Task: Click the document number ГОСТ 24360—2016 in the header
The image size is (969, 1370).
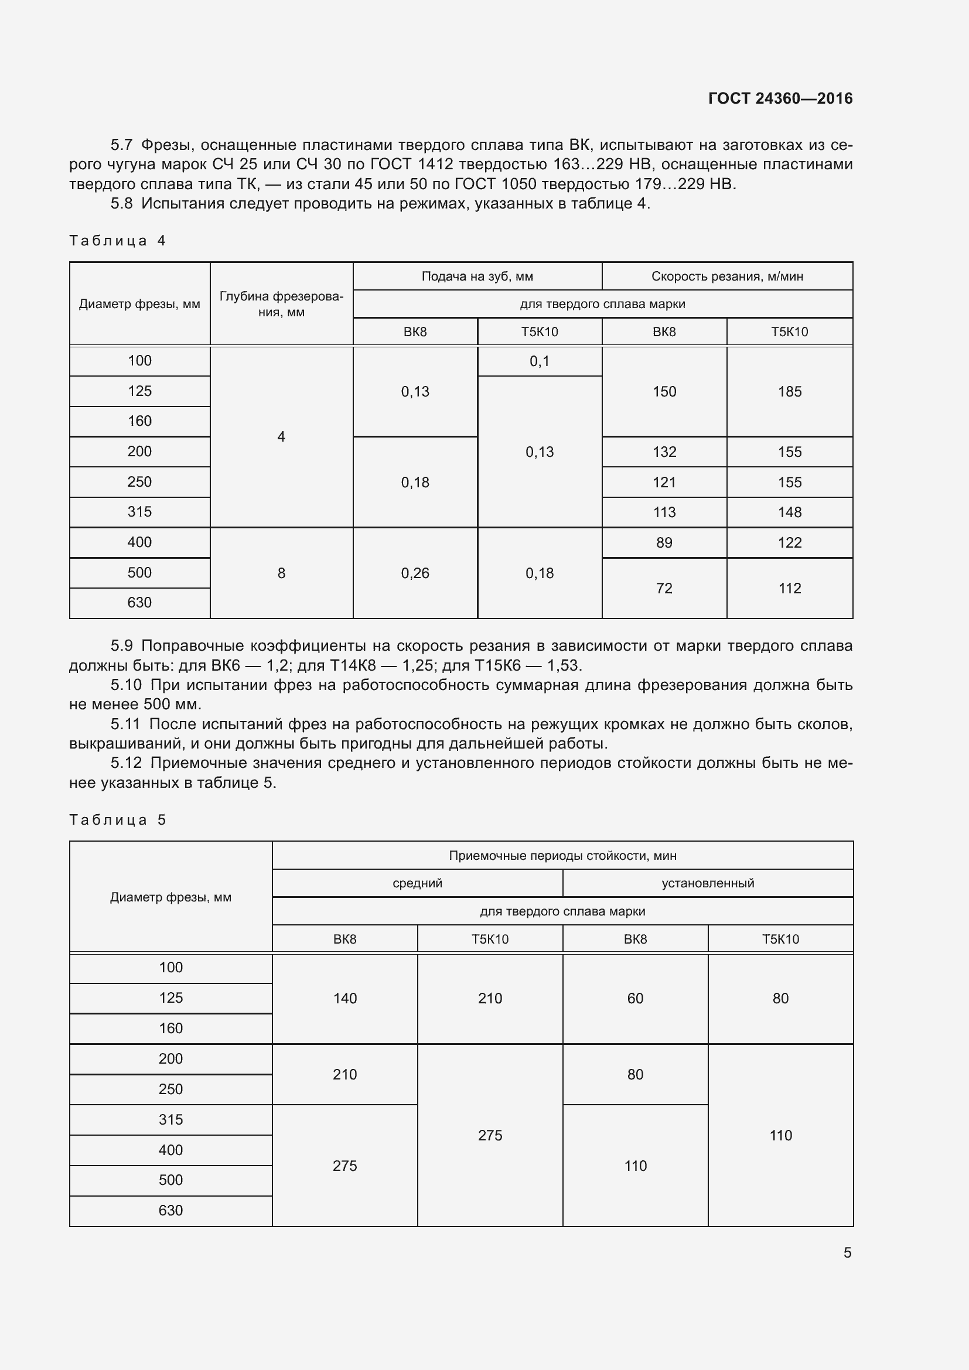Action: coord(780,98)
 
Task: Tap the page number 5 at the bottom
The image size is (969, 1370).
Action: coord(847,1252)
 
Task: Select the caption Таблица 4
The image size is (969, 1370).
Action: coord(118,241)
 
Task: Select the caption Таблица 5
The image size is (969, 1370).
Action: coord(118,820)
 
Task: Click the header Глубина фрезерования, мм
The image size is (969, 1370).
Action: coord(281,304)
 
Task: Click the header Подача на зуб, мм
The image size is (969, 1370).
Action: coord(477,276)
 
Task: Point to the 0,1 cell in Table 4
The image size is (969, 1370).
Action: coord(540,361)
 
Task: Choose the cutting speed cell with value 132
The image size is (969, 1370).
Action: coord(664,452)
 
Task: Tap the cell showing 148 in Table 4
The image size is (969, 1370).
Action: coord(789,512)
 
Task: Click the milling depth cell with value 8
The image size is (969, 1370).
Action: coord(281,573)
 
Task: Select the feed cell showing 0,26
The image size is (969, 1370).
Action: coord(415,573)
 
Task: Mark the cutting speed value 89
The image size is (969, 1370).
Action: coord(664,542)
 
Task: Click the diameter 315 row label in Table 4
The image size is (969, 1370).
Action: coord(139,511)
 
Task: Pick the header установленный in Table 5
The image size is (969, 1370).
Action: coord(708,883)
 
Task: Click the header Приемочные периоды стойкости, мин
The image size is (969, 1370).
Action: coord(562,856)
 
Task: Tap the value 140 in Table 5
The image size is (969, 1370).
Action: coord(345,998)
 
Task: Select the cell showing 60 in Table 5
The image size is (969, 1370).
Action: coord(635,998)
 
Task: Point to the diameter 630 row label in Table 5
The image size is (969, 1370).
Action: coord(170,1210)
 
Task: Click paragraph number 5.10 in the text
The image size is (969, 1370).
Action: coord(125,685)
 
